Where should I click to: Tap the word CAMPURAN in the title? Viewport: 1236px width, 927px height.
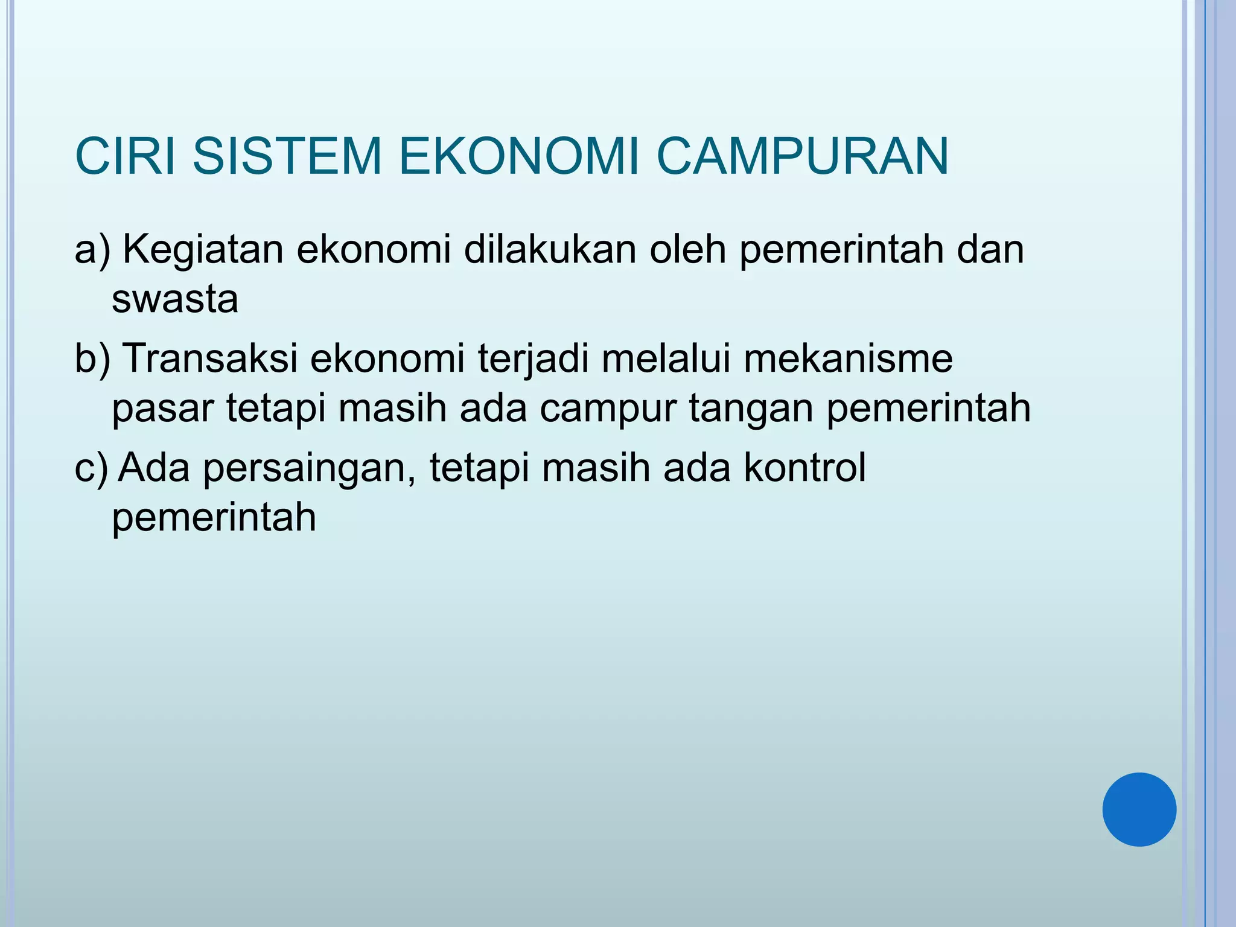click(802, 157)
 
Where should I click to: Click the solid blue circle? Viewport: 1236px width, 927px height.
click(1139, 809)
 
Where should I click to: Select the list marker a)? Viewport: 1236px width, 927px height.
click(92, 249)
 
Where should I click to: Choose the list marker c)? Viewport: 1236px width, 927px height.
click(91, 468)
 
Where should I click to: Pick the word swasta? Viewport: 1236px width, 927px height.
click(175, 299)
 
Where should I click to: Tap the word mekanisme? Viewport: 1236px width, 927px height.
click(848, 358)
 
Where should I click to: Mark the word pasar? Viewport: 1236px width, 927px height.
click(163, 409)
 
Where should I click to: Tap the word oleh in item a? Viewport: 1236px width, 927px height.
click(687, 249)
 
